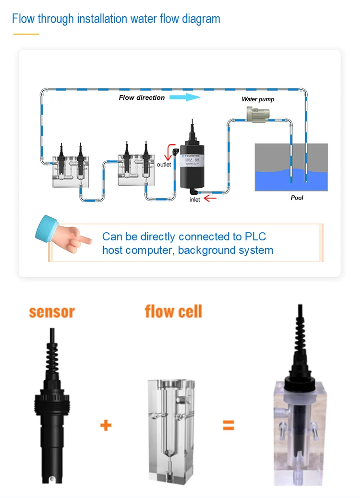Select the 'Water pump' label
[258, 99]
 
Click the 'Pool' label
[297, 197]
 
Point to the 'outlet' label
[164, 165]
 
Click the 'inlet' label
[195, 200]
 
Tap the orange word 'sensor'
[52, 312]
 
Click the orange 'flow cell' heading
[173, 311]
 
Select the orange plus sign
[106, 425]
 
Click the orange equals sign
[228, 425]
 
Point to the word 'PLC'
[255, 237]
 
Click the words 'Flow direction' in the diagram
[142, 97]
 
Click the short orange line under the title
[25, 34]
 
